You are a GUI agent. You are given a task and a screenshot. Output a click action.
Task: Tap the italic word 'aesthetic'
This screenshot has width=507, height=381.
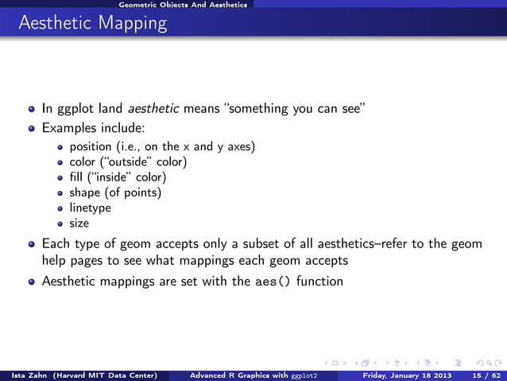(154, 109)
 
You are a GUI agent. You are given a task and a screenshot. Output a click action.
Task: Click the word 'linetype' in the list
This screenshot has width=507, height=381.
(90, 208)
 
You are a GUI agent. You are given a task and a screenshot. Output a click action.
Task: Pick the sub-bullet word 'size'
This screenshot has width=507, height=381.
(79, 224)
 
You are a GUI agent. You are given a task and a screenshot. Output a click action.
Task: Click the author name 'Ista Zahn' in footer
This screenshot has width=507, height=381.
(23, 374)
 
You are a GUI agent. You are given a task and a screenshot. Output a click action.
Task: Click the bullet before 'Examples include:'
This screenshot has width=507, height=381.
(32, 127)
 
